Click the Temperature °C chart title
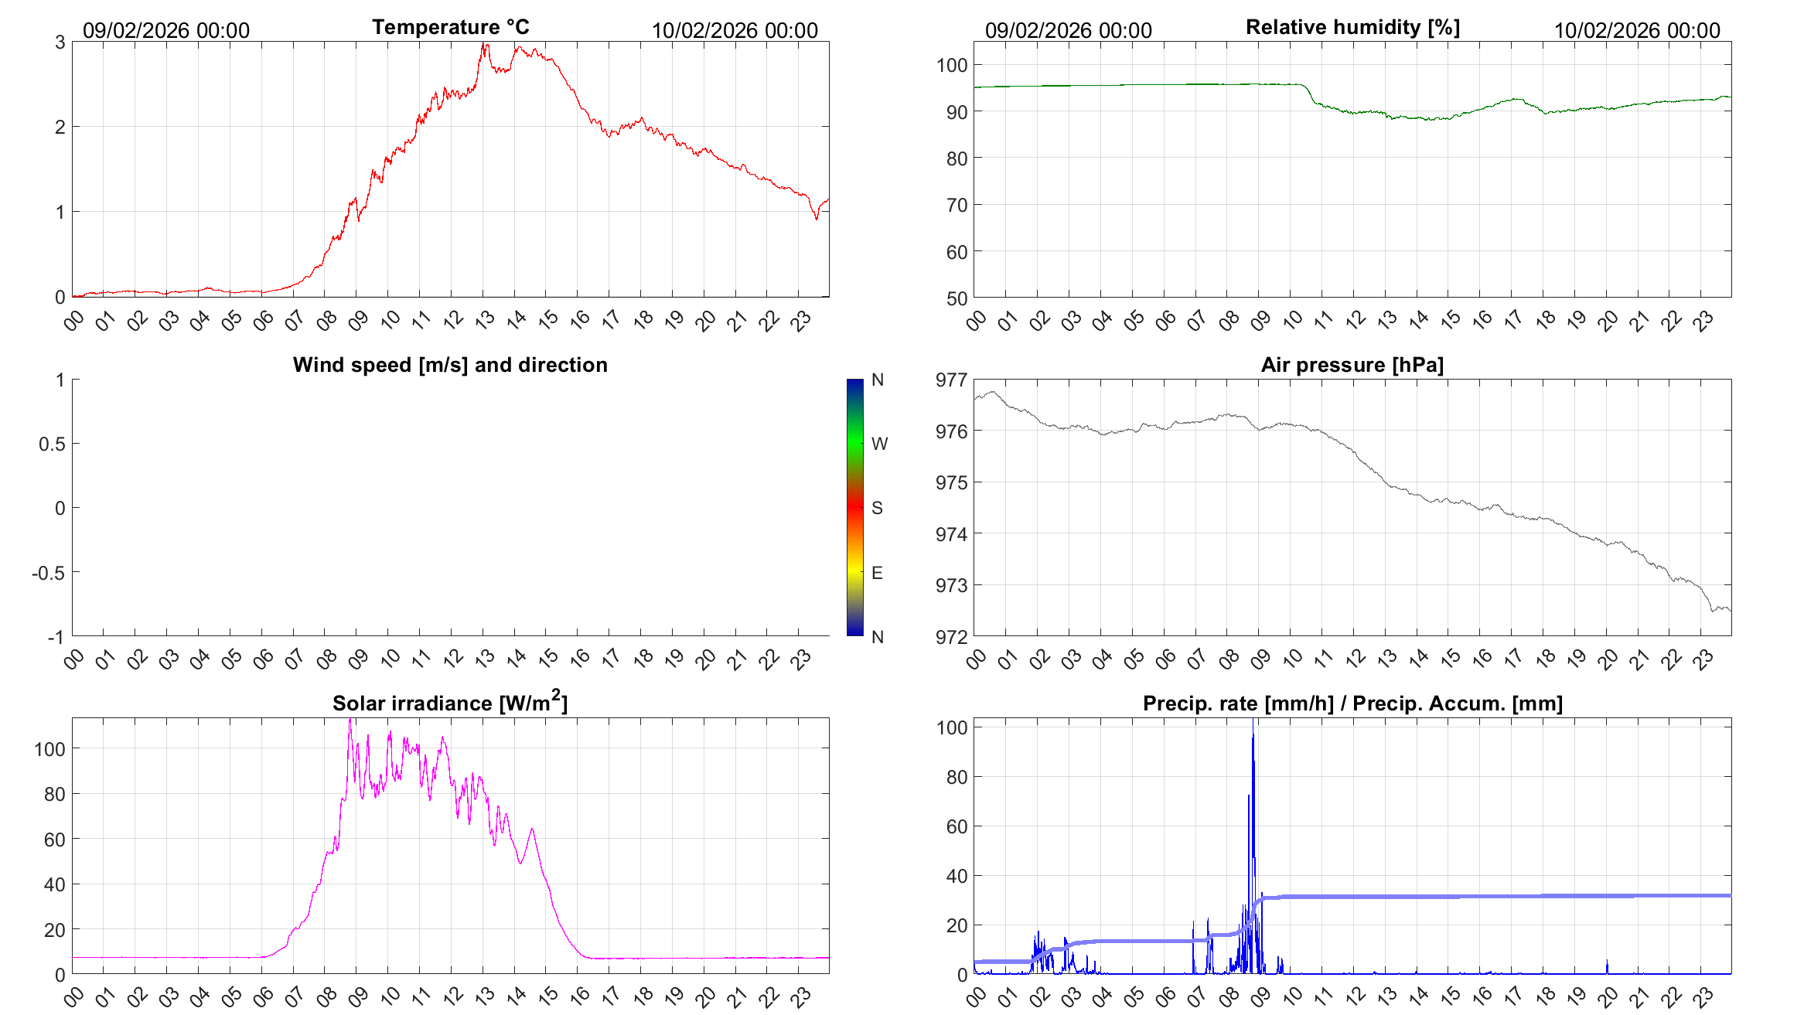click(x=450, y=27)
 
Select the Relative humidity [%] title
click(x=1352, y=27)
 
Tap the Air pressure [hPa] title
click(x=1352, y=365)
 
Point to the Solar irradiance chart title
click(x=450, y=703)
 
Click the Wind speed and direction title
click(x=450, y=365)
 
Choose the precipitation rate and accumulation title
click(x=1352, y=703)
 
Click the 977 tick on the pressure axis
click(x=951, y=380)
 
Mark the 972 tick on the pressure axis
click(x=951, y=637)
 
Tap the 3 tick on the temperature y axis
click(x=60, y=43)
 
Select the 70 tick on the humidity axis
click(x=956, y=206)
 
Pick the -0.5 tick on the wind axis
click(x=48, y=573)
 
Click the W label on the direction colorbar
click(x=879, y=444)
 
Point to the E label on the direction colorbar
click(x=877, y=573)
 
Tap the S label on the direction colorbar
click(x=877, y=508)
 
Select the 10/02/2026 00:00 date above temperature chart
click(x=735, y=30)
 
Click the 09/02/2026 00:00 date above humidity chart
click(x=1068, y=30)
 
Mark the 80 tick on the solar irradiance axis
click(x=54, y=794)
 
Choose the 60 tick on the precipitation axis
click(x=957, y=826)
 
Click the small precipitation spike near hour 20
click(x=1607, y=966)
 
